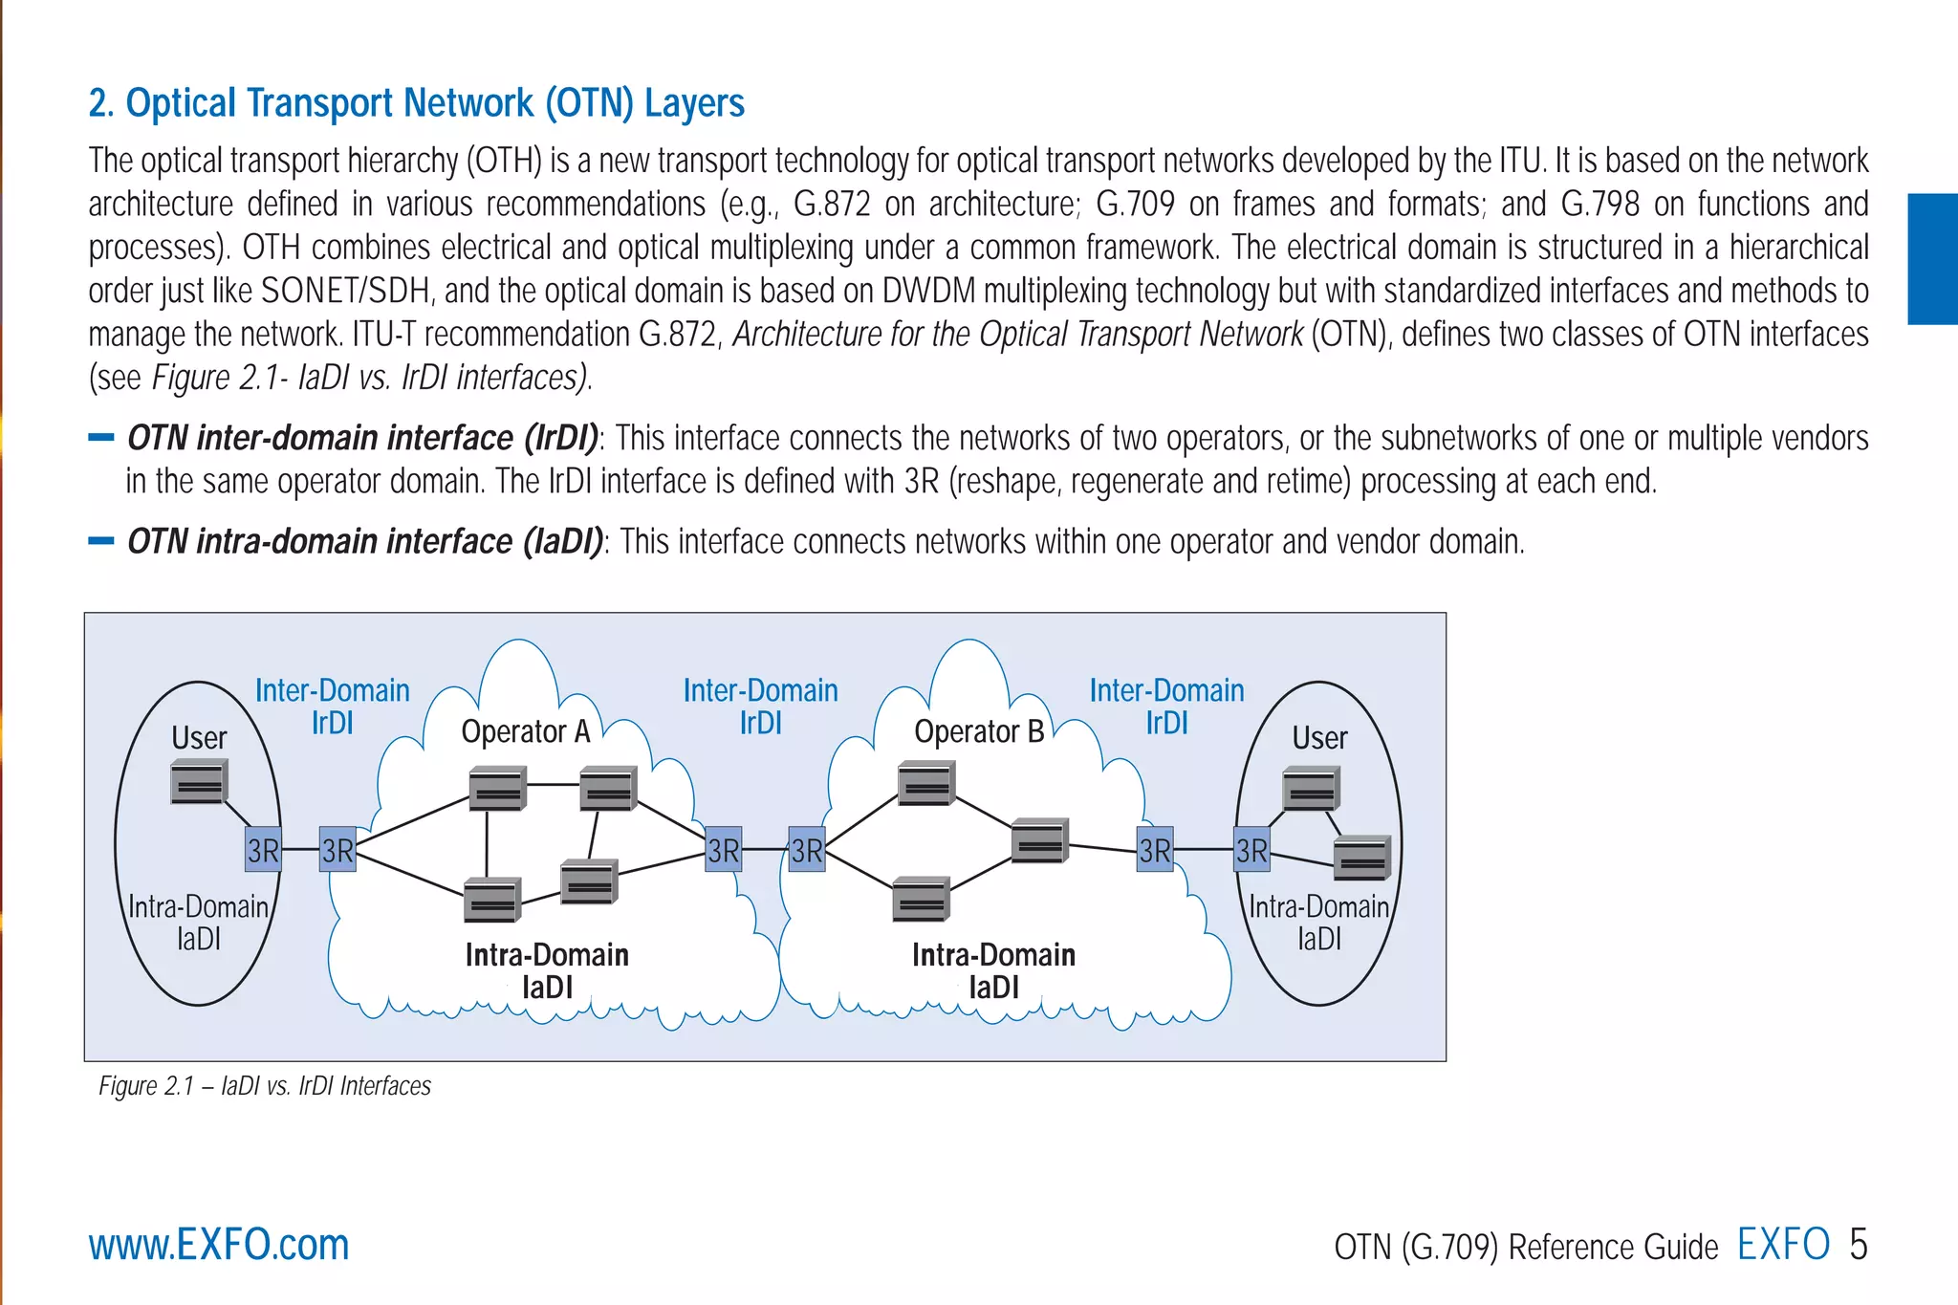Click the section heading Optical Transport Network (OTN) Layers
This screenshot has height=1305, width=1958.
coord(416,103)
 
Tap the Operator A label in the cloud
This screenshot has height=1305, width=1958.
coord(526,732)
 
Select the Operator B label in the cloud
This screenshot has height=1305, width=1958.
coord(979,732)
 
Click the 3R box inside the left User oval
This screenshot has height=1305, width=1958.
coord(263,850)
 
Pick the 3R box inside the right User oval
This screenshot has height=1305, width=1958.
coord(1251,850)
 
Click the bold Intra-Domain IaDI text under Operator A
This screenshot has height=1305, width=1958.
coord(547,969)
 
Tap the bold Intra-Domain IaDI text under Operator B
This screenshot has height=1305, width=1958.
coord(993,969)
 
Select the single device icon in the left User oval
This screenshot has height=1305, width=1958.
coord(199,782)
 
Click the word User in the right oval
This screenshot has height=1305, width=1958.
coord(1319,738)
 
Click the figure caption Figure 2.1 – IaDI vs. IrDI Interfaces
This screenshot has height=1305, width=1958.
coord(265,1086)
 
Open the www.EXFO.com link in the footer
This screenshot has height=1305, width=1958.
coord(219,1245)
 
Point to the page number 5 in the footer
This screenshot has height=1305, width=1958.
coord(1858,1245)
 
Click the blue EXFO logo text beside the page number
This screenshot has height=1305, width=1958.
coord(1783,1245)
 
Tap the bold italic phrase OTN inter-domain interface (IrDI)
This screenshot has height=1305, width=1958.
coord(363,438)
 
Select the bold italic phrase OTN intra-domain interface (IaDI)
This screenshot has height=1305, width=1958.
coord(365,542)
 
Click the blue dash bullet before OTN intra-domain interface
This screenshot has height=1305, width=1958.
coord(100,541)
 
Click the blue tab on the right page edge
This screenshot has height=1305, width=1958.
coord(1932,259)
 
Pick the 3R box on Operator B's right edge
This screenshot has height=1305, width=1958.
coord(1155,850)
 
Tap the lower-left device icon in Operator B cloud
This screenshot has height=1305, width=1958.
coord(921,900)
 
